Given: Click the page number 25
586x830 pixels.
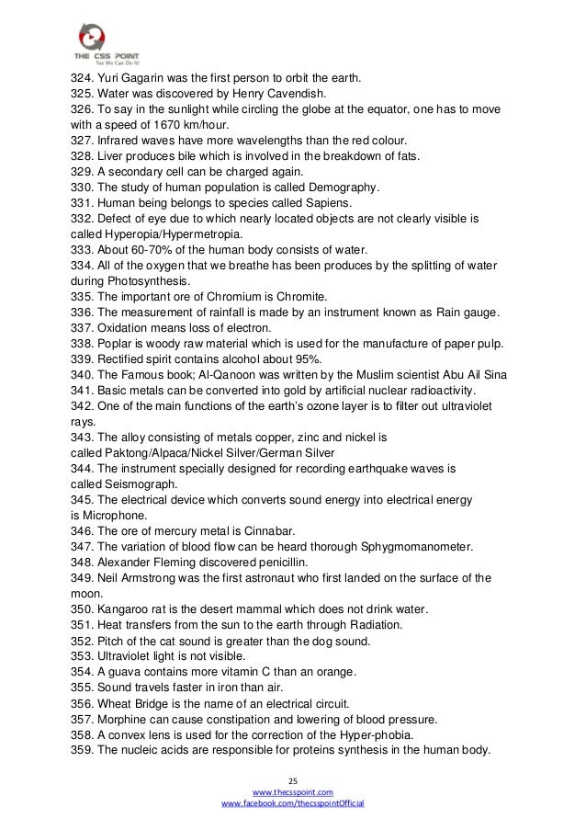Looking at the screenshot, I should [x=293, y=777].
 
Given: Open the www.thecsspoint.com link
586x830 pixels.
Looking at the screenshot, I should [x=293, y=790].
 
